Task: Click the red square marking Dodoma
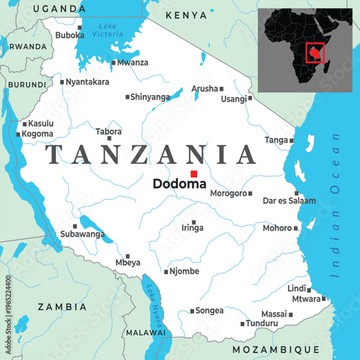(x=193, y=174)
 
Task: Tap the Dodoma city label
(x=179, y=184)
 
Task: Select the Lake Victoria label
(x=107, y=30)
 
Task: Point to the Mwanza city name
(x=134, y=63)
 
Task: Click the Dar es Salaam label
(x=289, y=201)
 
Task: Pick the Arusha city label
(x=204, y=89)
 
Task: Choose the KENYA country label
(x=186, y=14)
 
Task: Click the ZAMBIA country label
(x=62, y=306)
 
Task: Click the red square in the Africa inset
(x=315, y=52)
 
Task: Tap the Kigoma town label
(x=37, y=134)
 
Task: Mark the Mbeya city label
(x=127, y=264)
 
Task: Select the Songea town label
(x=210, y=311)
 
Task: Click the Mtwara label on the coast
(x=305, y=298)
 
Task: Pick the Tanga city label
(x=276, y=140)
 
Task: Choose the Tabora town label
(x=109, y=132)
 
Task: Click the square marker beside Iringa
(x=194, y=222)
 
